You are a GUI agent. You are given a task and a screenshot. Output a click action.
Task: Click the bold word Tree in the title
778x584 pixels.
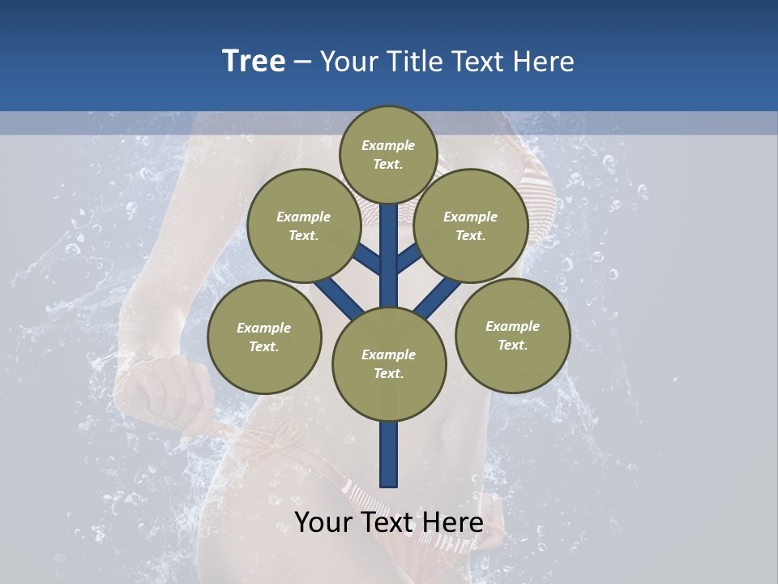pyautogui.click(x=254, y=62)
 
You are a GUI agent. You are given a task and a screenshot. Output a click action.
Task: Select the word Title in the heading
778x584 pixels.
pyautogui.click(x=413, y=62)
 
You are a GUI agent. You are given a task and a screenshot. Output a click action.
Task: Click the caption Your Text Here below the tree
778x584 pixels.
pyautogui.click(x=389, y=522)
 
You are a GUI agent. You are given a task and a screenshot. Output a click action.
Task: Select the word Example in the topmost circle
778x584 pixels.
pyautogui.click(x=388, y=145)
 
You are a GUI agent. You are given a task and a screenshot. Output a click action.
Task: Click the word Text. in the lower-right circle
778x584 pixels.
pyautogui.click(x=512, y=345)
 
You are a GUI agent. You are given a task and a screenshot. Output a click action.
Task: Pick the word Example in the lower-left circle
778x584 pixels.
pyautogui.click(x=264, y=328)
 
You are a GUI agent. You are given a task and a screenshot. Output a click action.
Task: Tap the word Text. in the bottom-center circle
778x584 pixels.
pyautogui.click(x=389, y=373)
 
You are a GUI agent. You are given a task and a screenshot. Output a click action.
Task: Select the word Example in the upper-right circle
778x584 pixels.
pyautogui.click(x=470, y=217)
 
